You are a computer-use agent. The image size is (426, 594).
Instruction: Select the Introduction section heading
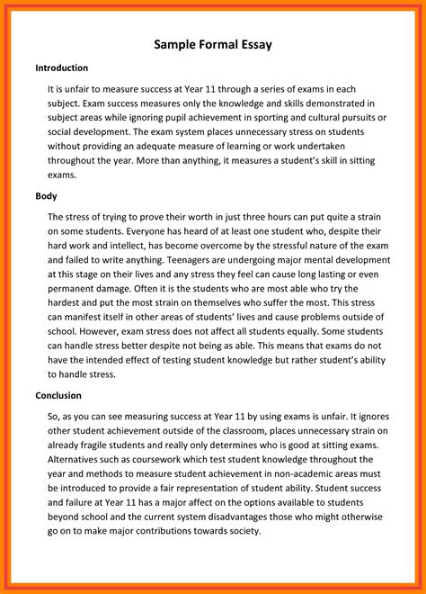point(62,68)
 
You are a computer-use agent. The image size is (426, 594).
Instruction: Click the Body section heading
point(46,195)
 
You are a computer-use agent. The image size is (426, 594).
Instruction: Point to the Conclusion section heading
point(58,395)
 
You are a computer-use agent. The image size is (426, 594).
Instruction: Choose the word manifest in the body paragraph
point(87,318)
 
